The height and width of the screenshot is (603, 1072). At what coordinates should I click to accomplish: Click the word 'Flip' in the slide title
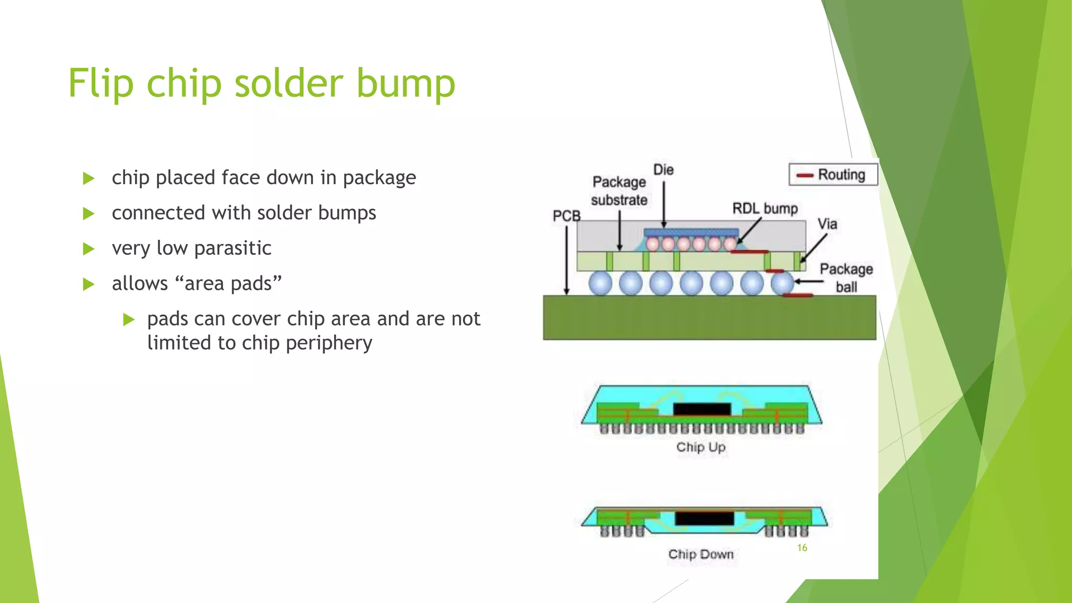click(100, 83)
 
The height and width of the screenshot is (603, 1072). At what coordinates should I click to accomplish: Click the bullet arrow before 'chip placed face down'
click(88, 178)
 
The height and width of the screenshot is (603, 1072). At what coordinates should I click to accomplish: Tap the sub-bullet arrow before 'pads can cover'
click(129, 319)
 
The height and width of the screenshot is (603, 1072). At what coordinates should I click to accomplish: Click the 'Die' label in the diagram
click(663, 170)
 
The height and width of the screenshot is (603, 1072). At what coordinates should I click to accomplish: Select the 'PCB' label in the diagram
click(566, 216)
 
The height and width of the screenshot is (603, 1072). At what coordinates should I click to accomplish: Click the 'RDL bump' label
click(765, 208)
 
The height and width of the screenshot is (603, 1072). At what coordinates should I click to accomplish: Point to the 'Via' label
click(827, 224)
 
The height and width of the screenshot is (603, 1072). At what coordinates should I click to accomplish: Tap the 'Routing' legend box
click(833, 174)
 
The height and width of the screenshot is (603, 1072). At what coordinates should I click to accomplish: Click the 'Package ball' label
click(846, 277)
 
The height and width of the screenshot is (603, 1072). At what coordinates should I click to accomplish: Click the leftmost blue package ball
click(600, 283)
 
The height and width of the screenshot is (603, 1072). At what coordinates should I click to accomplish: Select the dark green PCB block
click(709, 317)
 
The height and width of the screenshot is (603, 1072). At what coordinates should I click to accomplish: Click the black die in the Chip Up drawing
click(702, 409)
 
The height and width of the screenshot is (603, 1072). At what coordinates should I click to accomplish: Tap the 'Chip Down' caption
click(700, 554)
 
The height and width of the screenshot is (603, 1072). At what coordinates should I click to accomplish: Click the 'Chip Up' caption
click(700, 447)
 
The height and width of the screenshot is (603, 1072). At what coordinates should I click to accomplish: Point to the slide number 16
click(802, 548)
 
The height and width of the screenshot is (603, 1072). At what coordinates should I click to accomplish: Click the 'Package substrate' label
click(619, 191)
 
